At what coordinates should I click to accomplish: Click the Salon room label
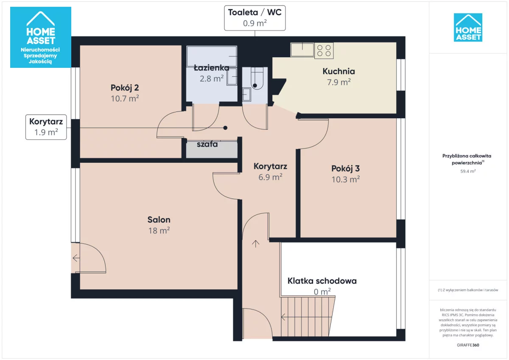[x=159, y=220]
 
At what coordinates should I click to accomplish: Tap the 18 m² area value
[x=159, y=231]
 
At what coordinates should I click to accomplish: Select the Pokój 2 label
[x=125, y=88]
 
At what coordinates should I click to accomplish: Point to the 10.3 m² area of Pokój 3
[x=346, y=179]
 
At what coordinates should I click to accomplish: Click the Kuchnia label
[x=339, y=71]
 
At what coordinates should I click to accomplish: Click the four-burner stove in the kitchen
[x=324, y=50]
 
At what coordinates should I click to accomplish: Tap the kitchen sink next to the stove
[x=302, y=50]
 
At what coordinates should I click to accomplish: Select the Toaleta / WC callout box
[x=255, y=18]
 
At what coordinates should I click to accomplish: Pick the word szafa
[x=207, y=144]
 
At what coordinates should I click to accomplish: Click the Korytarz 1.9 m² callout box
[x=46, y=127]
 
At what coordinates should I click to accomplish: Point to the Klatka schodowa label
[x=322, y=281]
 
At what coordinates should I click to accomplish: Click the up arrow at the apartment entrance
[x=256, y=244]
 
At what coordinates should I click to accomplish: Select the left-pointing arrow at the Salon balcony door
[x=76, y=258]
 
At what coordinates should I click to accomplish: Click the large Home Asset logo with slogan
[x=41, y=37]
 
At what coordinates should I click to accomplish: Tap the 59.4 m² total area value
[x=468, y=171]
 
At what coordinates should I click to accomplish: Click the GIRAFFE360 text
[x=468, y=345]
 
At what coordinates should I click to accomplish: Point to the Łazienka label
[x=212, y=68]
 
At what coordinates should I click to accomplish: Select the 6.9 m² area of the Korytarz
[x=271, y=177]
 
